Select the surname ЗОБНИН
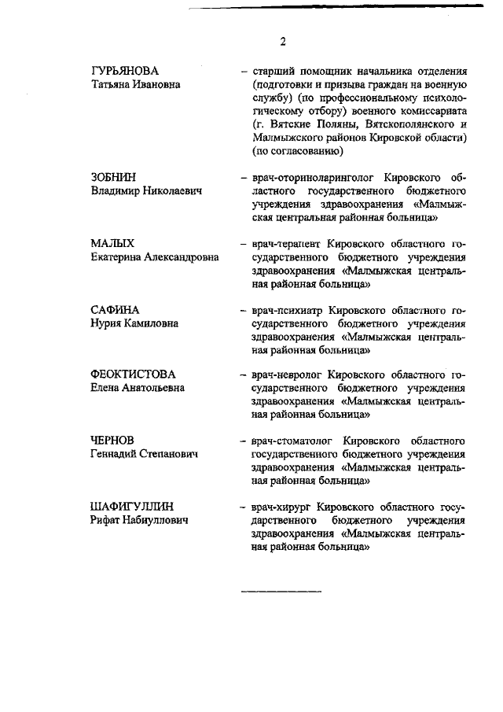(x=115, y=178)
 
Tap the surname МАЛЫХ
(x=112, y=244)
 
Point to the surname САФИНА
(x=116, y=310)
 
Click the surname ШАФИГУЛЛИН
(x=132, y=507)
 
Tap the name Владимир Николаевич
(x=147, y=191)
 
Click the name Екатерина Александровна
(x=154, y=257)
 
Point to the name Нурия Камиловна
(x=134, y=323)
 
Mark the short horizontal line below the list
(x=281, y=590)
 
